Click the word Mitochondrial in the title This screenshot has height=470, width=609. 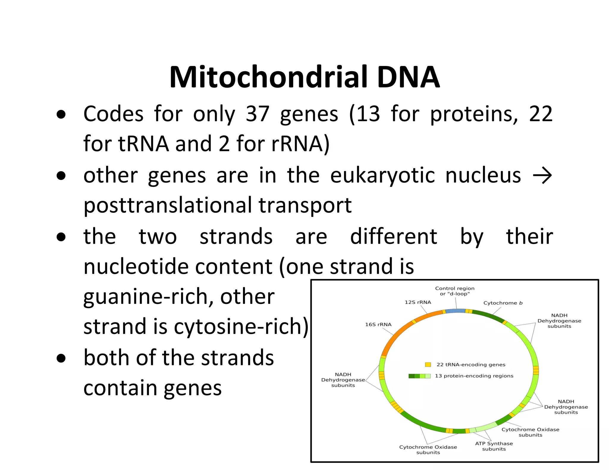point(268,77)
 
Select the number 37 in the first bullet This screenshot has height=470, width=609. point(257,114)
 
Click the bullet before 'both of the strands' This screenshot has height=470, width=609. point(61,359)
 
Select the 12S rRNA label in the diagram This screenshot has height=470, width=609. point(417,302)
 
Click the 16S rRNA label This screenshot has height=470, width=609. point(378,324)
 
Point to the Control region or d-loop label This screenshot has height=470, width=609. point(455,291)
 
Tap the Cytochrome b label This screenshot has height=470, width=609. point(503,303)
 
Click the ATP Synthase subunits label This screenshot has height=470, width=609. point(494,446)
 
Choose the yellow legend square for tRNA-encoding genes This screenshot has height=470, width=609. point(428,365)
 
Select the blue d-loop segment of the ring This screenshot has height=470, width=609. point(455,311)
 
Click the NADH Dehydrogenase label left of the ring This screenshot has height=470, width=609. point(343,380)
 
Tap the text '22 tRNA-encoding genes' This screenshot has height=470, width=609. point(471,365)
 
